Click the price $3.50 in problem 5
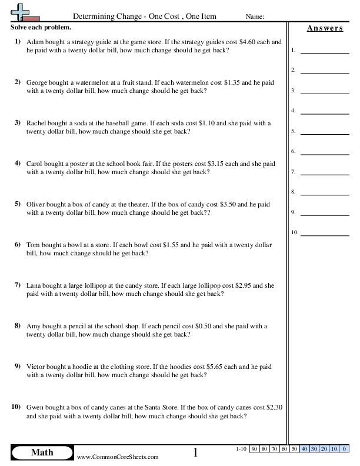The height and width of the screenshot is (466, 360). click(x=229, y=204)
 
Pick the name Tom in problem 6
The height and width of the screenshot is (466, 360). click(x=32, y=245)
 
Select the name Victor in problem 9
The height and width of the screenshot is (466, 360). click(x=35, y=367)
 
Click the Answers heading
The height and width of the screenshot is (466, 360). click(x=325, y=28)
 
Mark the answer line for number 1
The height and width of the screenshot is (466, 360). click(x=324, y=52)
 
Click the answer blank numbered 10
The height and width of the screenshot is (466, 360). click(x=324, y=233)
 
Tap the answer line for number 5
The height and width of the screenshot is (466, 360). click(x=324, y=132)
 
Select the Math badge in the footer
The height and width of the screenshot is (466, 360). click(x=41, y=452)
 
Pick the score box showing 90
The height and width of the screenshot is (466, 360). click(x=254, y=450)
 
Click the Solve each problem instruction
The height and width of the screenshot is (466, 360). click(x=41, y=28)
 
